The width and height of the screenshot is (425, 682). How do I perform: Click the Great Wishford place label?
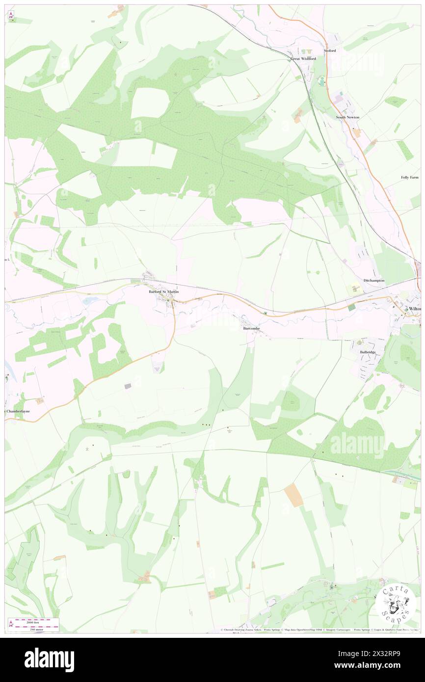point(303,59)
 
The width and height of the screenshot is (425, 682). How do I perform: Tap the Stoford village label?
point(330,51)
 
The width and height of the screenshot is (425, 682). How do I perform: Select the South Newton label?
point(347,118)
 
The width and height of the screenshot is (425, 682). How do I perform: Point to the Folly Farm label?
point(410,177)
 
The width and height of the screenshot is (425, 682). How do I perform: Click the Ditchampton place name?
point(374,280)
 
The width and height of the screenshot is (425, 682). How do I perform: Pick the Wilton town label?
point(415,308)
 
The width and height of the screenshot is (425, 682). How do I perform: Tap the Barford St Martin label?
point(164,292)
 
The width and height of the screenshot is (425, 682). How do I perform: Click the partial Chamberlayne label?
point(21,411)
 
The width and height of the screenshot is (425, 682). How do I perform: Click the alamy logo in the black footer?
point(49,659)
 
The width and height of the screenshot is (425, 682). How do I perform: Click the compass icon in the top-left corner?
point(11,16)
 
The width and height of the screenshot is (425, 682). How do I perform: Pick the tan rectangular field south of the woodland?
point(294,495)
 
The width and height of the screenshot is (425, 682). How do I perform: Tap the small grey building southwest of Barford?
point(129,387)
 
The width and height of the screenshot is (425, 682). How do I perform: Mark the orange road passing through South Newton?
point(363,142)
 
